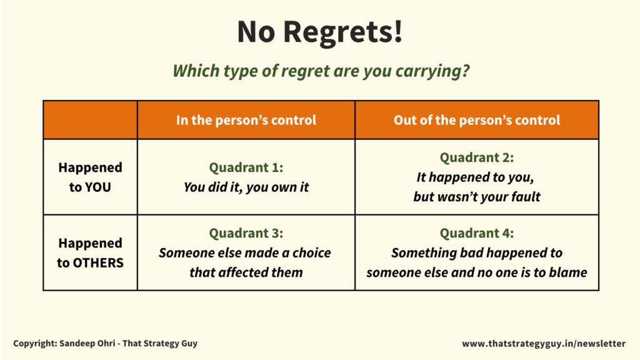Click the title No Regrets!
[319, 32]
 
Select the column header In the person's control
[246, 120]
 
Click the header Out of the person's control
[476, 120]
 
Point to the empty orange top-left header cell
[90, 120]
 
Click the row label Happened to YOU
[90, 177]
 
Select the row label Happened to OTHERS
[90, 252]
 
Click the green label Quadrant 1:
[246, 167]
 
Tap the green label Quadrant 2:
[476, 158]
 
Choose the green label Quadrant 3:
[246, 233]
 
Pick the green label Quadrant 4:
[476, 233]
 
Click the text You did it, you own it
[246, 187]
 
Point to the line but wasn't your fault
[476, 197]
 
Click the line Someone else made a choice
[245, 253]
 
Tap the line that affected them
[246, 272]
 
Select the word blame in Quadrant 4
[569, 272]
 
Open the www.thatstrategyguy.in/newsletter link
[543, 343]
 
